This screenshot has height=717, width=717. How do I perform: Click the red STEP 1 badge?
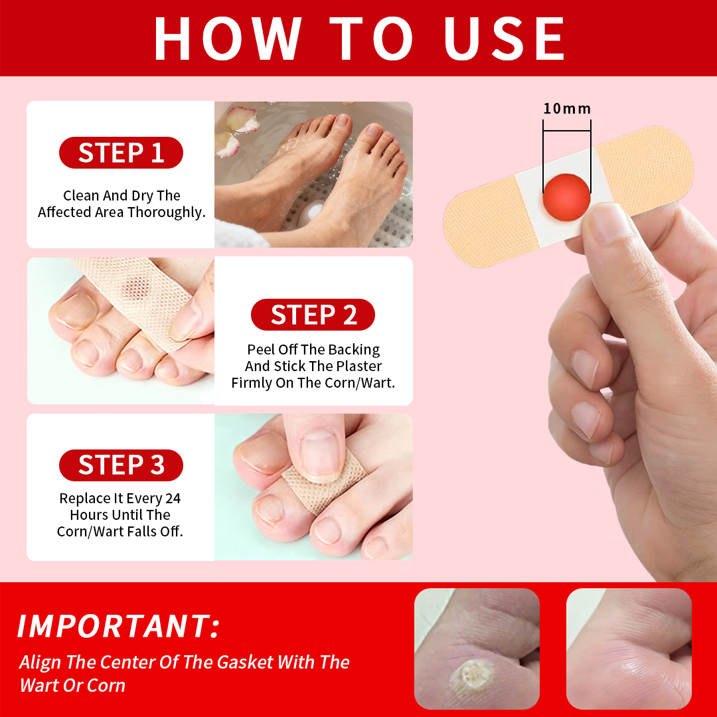click(x=121, y=153)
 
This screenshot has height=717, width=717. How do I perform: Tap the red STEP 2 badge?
click(x=313, y=315)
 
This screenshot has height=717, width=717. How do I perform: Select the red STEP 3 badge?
click(x=121, y=465)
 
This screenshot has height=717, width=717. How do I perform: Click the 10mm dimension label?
click(x=567, y=109)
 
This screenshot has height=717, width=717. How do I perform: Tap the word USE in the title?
click(x=505, y=39)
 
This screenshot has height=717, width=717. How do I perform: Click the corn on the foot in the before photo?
click(x=472, y=676)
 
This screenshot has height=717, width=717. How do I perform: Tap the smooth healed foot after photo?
click(x=629, y=649)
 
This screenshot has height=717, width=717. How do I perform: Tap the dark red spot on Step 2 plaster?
click(x=138, y=287)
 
